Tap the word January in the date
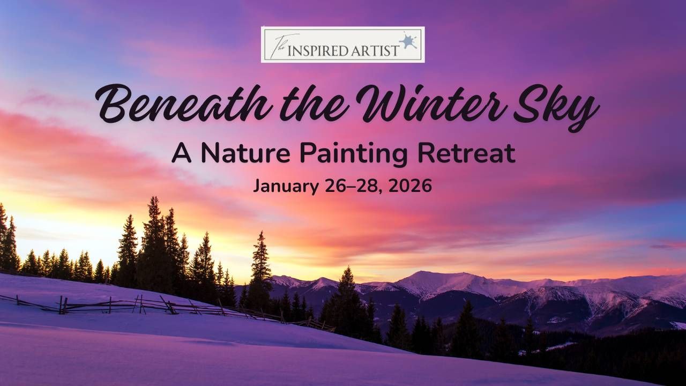click(286, 186)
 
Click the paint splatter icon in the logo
click(408, 41)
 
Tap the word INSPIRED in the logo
click(317, 50)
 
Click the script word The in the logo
click(277, 44)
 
